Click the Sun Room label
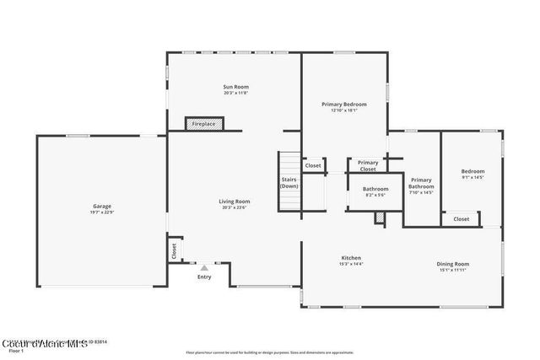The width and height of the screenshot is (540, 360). click(x=235, y=87)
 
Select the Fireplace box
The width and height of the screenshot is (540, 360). click(x=203, y=124)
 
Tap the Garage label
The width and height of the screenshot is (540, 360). click(x=102, y=206)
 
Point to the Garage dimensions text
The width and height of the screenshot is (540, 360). click(x=102, y=212)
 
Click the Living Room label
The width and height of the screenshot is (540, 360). click(x=235, y=201)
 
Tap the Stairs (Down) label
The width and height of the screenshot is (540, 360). click(x=289, y=182)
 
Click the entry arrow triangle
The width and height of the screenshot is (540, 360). click(x=203, y=267)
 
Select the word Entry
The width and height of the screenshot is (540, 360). click(x=204, y=277)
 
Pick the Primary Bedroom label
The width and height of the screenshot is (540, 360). click(x=344, y=104)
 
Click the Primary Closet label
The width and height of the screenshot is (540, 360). click(x=368, y=165)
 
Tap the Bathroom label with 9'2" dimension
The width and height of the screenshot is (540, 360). click(x=375, y=189)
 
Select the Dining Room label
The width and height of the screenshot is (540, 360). click(x=452, y=264)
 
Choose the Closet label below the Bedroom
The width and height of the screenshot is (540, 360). click(x=462, y=219)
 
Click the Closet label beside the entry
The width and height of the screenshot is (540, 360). click(x=175, y=250)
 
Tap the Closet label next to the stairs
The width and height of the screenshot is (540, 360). click(x=313, y=165)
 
